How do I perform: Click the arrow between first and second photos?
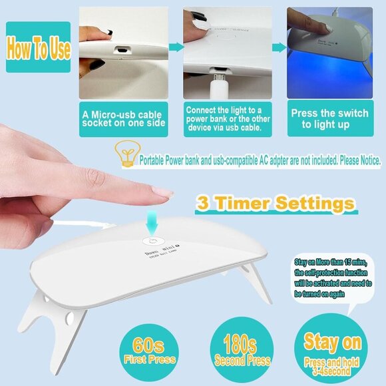(174, 48)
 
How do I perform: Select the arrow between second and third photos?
(278, 48)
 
